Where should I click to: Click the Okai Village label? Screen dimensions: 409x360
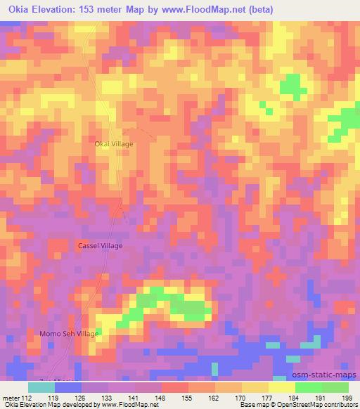tap(114, 143)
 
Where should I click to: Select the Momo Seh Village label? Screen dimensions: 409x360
tap(70, 334)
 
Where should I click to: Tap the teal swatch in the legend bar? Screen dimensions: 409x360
tap(41, 387)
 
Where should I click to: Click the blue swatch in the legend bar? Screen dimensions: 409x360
tap(67, 387)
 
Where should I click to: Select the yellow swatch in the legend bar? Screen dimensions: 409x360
tap(281, 387)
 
